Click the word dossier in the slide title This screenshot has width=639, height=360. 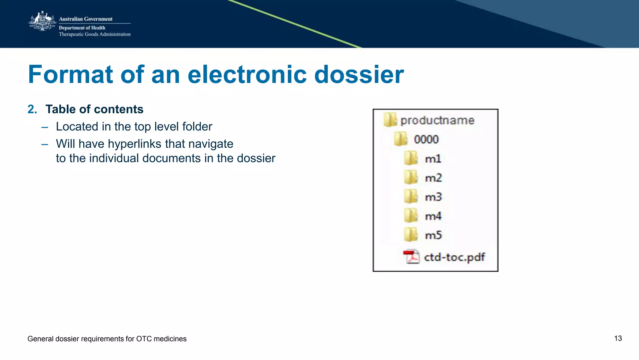[359, 75]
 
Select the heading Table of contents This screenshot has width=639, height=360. [94, 109]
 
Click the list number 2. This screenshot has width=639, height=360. [32, 109]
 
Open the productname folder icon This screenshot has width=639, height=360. [390, 120]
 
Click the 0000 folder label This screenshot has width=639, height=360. [426, 139]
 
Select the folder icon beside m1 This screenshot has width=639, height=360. [411, 158]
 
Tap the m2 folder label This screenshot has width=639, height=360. [433, 178]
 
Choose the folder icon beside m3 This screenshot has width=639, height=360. [411, 197]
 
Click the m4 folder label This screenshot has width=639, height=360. [433, 216]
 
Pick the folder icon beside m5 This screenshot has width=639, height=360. [411, 235]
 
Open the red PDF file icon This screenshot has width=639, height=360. [411, 257]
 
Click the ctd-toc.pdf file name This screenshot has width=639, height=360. [454, 257]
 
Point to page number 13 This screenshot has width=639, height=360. [618, 338]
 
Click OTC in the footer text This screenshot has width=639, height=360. [144, 339]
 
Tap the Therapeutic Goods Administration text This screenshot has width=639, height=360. [95, 34]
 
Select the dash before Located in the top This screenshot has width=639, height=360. [45, 127]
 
